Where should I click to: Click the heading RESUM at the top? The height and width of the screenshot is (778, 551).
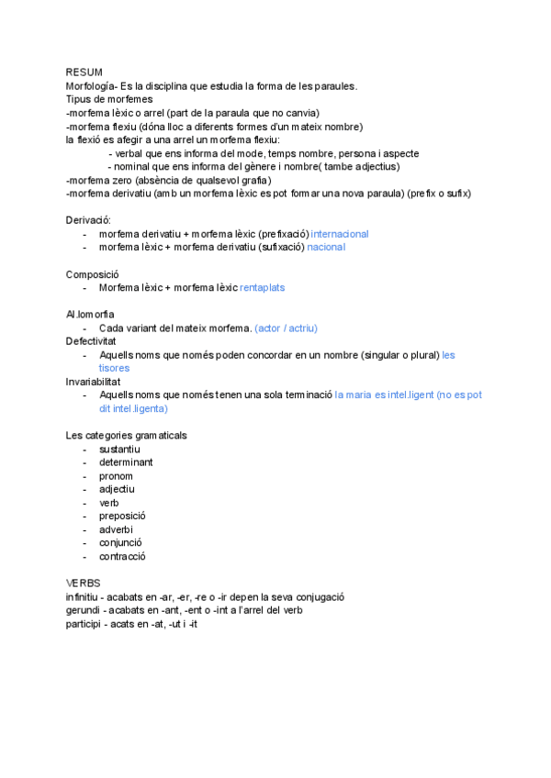pos(84,72)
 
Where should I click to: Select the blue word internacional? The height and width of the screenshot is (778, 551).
pos(340,234)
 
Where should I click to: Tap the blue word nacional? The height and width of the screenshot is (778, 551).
pos(326,248)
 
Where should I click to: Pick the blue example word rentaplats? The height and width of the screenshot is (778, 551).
pos(262,287)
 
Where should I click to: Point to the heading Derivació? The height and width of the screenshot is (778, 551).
pos(88,221)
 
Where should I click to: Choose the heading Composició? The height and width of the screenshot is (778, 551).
pos(92,274)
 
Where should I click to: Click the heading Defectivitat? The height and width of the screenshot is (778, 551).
pos(91,341)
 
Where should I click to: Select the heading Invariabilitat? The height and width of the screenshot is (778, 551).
pos(93,381)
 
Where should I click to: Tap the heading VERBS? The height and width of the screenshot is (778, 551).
pos(83,583)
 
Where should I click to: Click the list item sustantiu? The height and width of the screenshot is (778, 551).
pos(119,449)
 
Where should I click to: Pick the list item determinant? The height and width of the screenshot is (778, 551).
pos(126,462)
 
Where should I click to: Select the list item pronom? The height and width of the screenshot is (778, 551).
pos(116,476)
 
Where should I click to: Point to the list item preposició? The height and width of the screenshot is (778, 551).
pos(122,516)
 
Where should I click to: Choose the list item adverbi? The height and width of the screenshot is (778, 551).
pos(116,529)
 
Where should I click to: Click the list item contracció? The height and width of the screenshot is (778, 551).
pos(122,556)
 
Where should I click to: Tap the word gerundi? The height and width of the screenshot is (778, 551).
pos(82,610)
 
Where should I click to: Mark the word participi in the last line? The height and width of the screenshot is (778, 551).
pos(84,624)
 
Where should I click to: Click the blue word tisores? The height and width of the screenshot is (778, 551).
pos(114,368)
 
